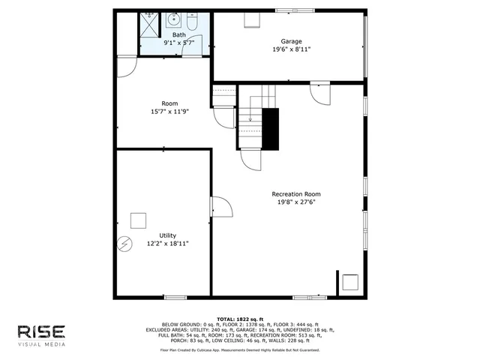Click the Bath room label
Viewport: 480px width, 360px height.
point(179,35)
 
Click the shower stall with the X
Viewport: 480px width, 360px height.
point(149,25)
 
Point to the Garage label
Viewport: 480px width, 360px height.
point(291,40)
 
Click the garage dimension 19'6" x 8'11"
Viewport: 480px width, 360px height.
point(291,49)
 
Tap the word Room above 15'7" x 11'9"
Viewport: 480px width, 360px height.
point(170,103)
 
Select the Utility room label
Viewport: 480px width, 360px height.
point(167,235)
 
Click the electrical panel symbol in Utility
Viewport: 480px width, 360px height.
point(124,244)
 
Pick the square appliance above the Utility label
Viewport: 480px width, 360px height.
point(138,220)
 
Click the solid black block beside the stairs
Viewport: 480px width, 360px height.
point(269,128)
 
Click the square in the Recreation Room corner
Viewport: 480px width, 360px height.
point(349,282)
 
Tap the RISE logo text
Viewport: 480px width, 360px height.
point(43,331)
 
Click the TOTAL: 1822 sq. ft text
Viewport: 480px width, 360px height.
point(240,319)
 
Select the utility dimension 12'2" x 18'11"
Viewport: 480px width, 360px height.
point(167,244)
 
